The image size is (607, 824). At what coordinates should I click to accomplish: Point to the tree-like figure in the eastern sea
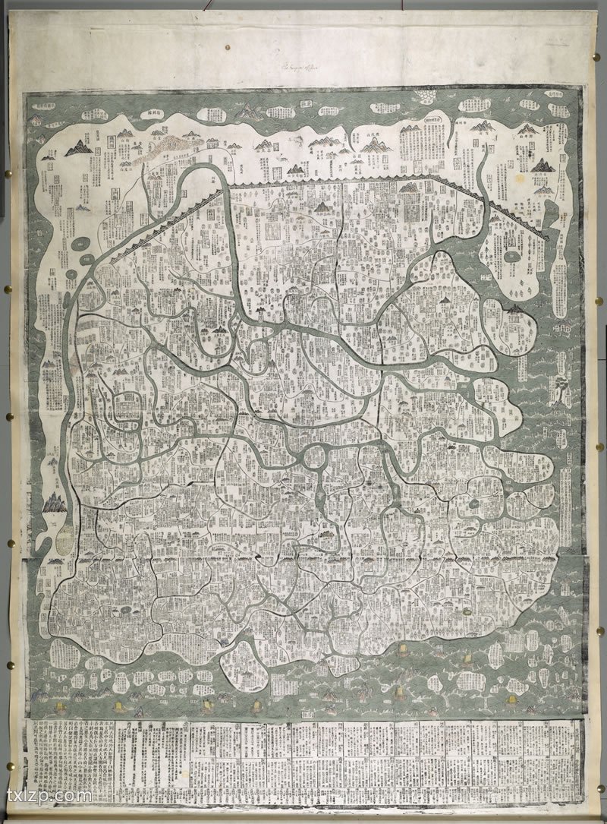[560, 387]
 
